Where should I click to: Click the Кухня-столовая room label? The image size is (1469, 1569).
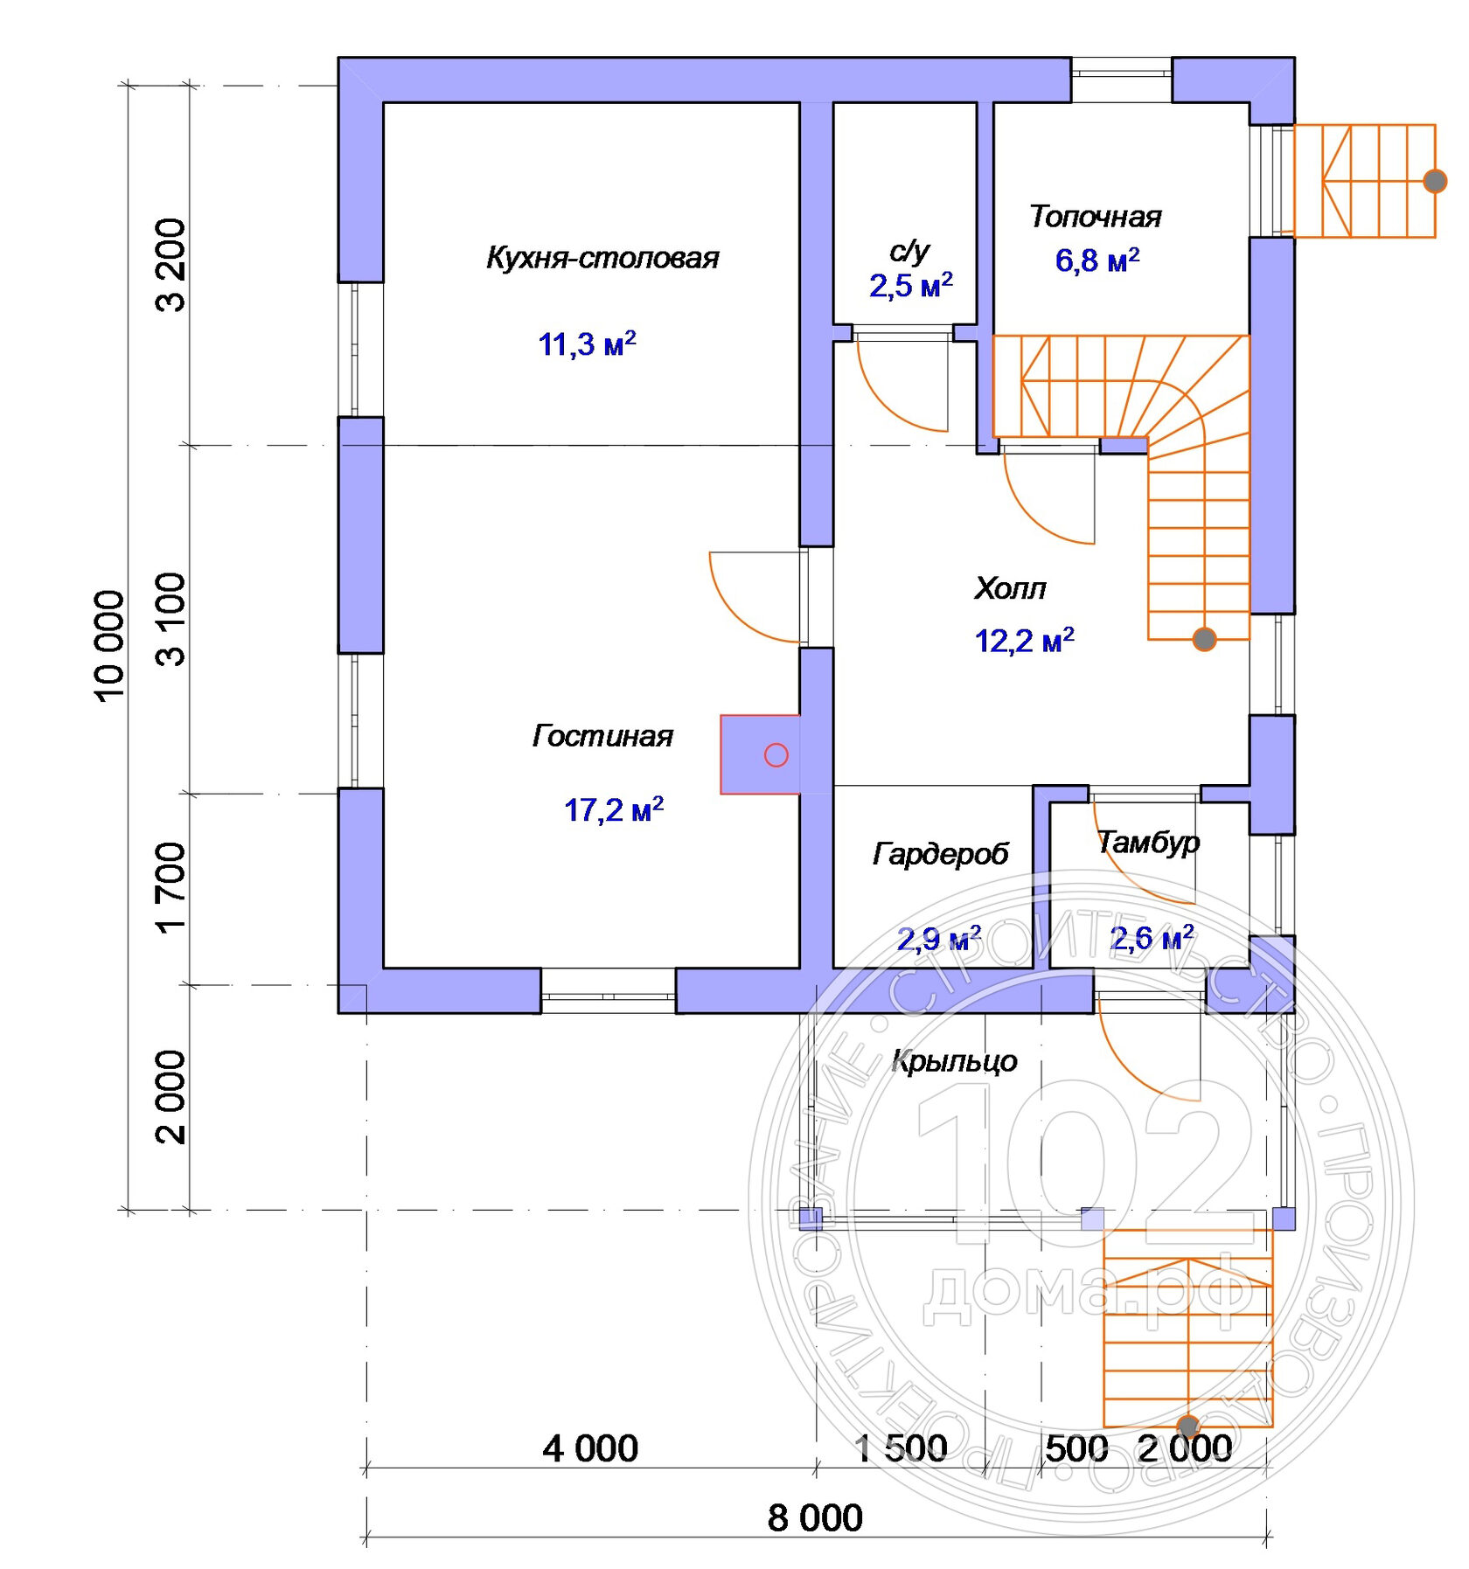602,258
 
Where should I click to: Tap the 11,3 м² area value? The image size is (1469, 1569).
587,344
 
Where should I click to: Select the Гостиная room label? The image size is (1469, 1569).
602,736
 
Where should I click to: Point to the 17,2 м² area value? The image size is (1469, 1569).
613,809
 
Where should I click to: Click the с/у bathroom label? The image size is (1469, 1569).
909,252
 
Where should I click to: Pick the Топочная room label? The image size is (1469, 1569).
1095,217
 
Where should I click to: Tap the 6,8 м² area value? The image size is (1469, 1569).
1097,260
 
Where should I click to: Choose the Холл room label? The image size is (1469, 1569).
1010,588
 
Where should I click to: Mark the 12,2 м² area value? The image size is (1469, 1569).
1024,641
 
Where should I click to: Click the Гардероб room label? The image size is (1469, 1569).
941,854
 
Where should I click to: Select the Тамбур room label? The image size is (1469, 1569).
1148,842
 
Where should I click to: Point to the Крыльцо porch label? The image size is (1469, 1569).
954,1061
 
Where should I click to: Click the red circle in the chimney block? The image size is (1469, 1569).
776,755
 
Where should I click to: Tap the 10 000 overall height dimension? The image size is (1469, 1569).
110,646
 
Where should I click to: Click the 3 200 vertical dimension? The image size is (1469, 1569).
171,265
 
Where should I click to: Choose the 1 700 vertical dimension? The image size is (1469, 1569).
171,886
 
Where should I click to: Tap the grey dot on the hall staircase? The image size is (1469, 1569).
1204,639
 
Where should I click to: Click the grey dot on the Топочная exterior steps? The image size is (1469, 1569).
1435,181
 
